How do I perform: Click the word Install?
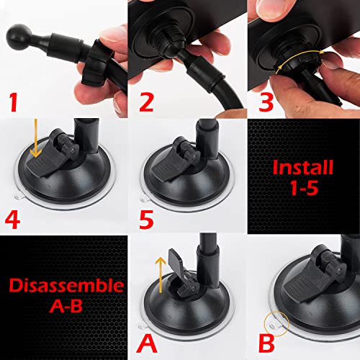point(303,168)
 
